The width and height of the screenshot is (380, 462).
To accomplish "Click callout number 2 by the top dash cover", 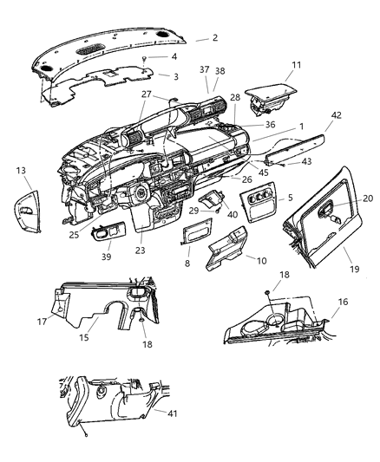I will point(214,39).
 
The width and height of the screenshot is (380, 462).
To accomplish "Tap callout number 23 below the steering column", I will point(141,250).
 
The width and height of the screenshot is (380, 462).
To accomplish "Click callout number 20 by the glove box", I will point(368,198).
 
